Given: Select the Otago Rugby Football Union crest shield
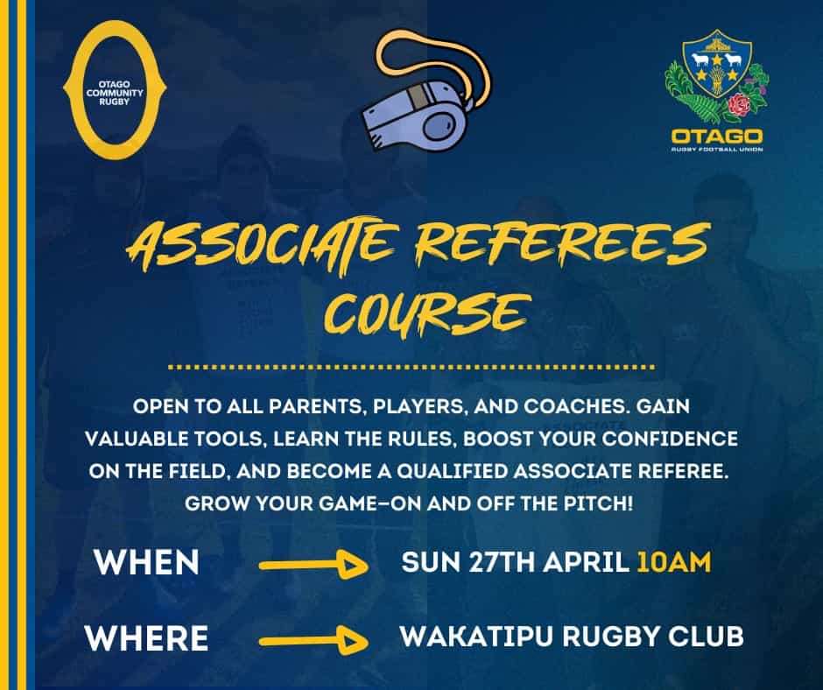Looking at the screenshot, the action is pyautogui.click(x=717, y=64).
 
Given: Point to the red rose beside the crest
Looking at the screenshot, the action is pyautogui.click(x=740, y=106).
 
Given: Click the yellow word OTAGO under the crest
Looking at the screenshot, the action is pyautogui.click(x=717, y=137).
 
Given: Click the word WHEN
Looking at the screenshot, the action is pyautogui.click(x=147, y=562).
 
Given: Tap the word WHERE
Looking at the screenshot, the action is pyautogui.click(x=147, y=638).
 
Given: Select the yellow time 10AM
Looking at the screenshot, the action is pyautogui.click(x=674, y=562).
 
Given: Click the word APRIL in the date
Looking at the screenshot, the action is pyautogui.click(x=586, y=562).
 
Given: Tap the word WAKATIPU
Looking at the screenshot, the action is pyautogui.click(x=476, y=637).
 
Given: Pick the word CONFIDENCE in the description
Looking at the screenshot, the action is pyautogui.click(x=670, y=439).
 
